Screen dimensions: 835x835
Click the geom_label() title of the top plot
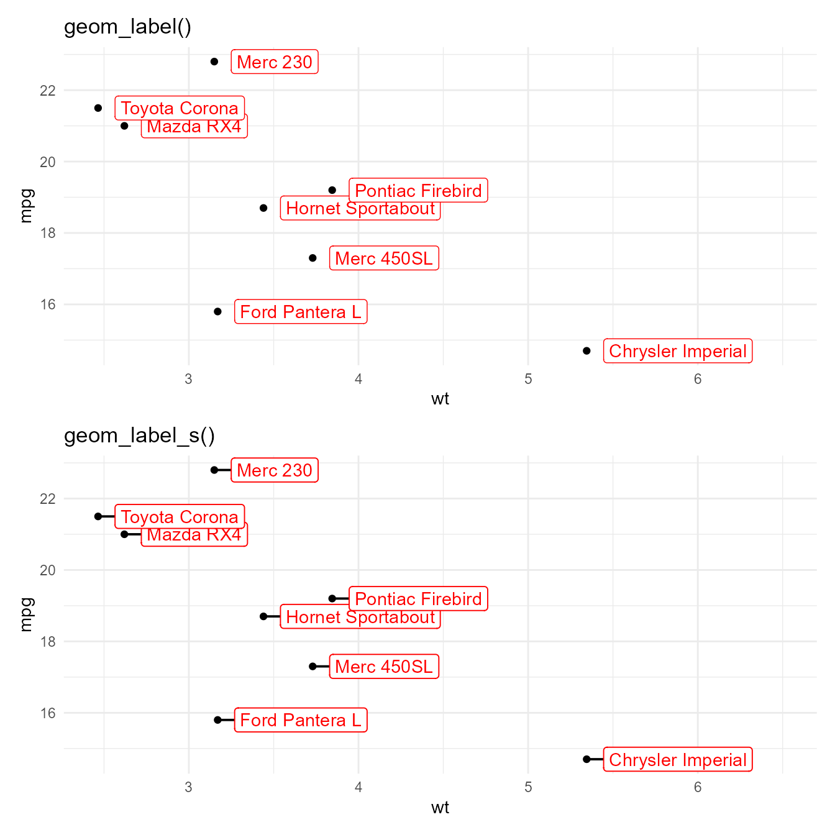(x=127, y=27)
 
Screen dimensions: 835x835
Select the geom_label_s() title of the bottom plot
(x=139, y=436)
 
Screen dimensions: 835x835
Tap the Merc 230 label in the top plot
(x=275, y=62)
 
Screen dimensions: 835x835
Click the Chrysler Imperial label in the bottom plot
(x=677, y=760)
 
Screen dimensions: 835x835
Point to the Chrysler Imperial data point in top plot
(x=586, y=351)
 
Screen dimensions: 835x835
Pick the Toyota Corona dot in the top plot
(x=98, y=108)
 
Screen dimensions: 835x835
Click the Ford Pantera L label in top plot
(x=301, y=312)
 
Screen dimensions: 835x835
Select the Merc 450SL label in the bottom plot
(x=384, y=667)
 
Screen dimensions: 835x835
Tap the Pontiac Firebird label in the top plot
(x=418, y=191)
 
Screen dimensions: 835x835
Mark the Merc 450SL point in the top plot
(x=313, y=258)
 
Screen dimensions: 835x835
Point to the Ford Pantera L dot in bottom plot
(x=217, y=720)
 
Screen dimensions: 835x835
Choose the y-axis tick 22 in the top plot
(x=48, y=91)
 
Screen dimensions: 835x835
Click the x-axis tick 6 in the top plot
(x=698, y=380)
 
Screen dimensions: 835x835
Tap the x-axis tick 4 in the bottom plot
(x=358, y=788)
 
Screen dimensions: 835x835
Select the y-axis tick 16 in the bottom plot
(x=48, y=713)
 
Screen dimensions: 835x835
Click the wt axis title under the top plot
(x=440, y=399)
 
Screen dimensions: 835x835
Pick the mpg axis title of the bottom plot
(x=26, y=614)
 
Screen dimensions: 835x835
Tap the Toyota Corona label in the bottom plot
(x=180, y=517)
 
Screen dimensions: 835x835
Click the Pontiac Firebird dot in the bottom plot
(x=332, y=598)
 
